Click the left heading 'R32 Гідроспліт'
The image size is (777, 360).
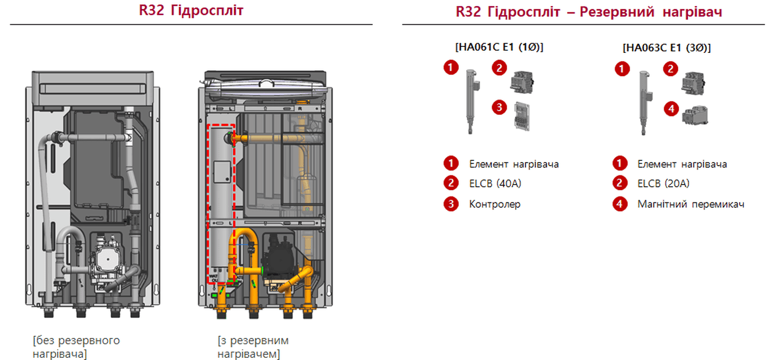pyautogui.click(x=191, y=11)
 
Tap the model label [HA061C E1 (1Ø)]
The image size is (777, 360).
pyautogui.click(x=499, y=47)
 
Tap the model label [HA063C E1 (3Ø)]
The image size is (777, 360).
pyautogui.click(x=666, y=47)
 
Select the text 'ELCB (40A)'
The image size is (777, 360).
pyautogui.click(x=495, y=184)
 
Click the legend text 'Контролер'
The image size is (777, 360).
pyautogui.click(x=494, y=205)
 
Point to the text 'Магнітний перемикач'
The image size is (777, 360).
pyautogui.click(x=691, y=205)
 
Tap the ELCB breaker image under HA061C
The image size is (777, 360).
pyautogui.click(x=522, y=81)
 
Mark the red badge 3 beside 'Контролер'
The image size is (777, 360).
pyautogui.click(x=451, y=204)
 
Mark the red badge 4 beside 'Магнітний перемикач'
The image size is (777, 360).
pyautogui.click(x=620, y=204)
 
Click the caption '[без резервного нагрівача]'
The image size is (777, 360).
pyautogui.click(x=76, y=347)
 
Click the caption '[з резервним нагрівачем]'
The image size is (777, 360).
pyautogui.click(x=253, y=347)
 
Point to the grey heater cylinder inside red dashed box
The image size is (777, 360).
pyautogui.click(x=221, y=205)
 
